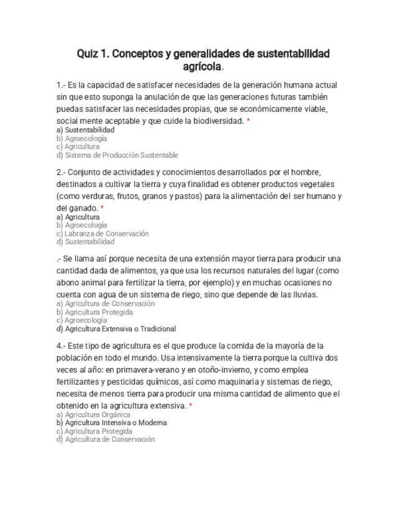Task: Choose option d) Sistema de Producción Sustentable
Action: pyautogui.click(x=117, y=155)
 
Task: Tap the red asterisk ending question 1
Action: pyautogui.click(x=248, y=121)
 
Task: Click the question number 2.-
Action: pyautogui.click(x=60, y=172)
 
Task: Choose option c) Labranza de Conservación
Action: pyautogui.click(x=103, y=234)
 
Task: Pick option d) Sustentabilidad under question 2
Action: pyautogui.click(x=85, y=242)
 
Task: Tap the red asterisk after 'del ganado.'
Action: pyautogui.click(x=102, y=208)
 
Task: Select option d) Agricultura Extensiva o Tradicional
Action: pyautogui.click(x=116, y=329)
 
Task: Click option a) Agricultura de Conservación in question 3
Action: pyautogui.click(x=106, y=304)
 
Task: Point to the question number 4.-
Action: pyautogui.click(x=60, y=346)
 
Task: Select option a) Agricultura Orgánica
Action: pyautogui.click(x=93, y=415)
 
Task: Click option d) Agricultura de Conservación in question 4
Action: pyautogui.click(x=105, y=439)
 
